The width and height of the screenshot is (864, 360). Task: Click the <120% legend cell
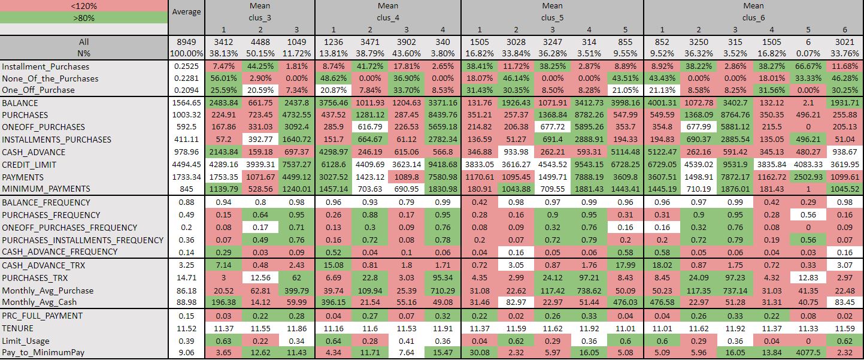click(x=84, y=6)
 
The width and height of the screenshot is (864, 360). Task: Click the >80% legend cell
click(x=84, y=18)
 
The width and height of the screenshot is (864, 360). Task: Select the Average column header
click(x=187, y=12)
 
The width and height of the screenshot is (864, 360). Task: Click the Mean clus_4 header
click(x=388, y=12)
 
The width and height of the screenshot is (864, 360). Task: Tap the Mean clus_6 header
click(x=753, y=12)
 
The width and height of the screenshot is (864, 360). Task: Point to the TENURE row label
click(x=18, y=328)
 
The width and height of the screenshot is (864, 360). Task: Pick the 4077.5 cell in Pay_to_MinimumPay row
click(x=808, y=352)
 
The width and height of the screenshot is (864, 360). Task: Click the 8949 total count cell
click(x=187, y=43)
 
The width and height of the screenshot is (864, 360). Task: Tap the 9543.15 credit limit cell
click(x=589, y=165)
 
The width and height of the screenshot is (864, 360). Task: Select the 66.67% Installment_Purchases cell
click(x=808, y=67)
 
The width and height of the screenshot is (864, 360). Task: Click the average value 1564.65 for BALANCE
click(x=187, y=103)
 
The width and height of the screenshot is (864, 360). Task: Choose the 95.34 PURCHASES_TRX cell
click(x=442, y=278)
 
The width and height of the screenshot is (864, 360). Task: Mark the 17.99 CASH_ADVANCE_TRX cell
click(x=625, y=265)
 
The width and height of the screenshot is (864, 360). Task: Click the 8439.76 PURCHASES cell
click(x=442, y=115)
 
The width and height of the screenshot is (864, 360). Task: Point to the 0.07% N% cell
click(x=808, y=53)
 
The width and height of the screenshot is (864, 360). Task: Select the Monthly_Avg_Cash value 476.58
click(x=662, y=302)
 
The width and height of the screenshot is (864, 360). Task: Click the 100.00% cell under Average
click(x=187, y=53)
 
